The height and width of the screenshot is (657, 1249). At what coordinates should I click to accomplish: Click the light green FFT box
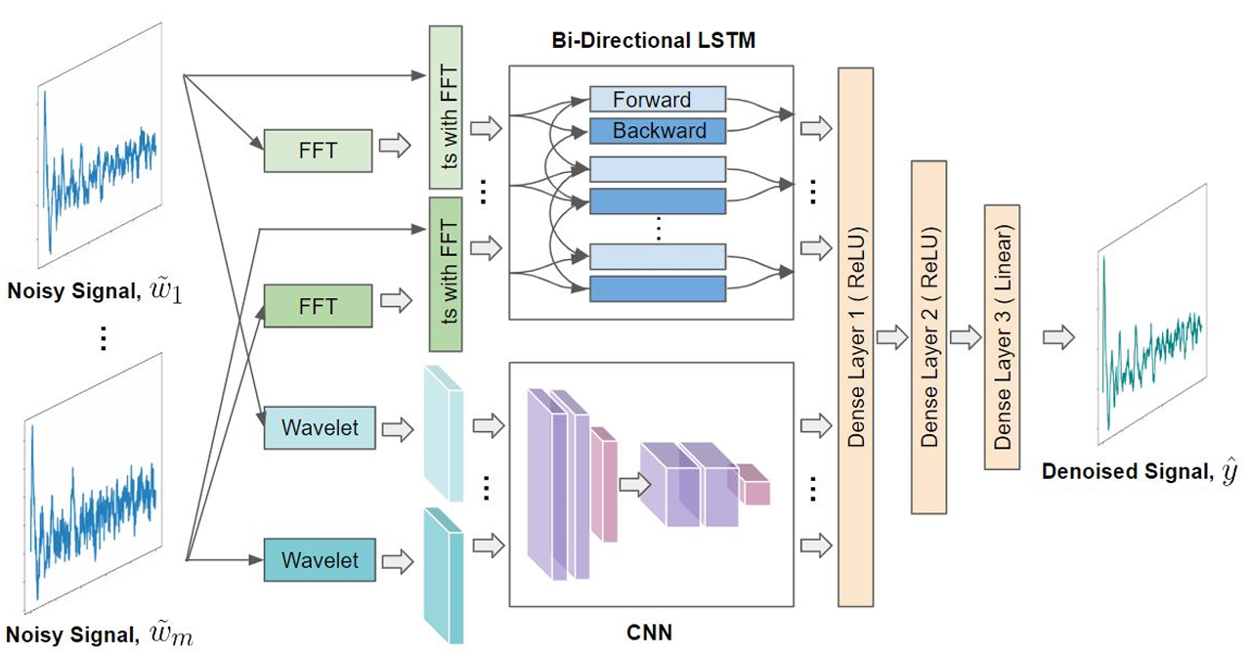(318, 151)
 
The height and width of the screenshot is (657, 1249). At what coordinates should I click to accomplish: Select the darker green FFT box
(318, 305)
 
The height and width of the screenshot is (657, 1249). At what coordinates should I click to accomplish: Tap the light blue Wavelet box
(320, 427)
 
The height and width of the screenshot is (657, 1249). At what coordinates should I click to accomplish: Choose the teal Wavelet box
(320, 561)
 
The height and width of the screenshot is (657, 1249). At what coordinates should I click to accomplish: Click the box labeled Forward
(658, 99)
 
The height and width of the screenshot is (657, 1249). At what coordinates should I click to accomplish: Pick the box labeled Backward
(658, 130)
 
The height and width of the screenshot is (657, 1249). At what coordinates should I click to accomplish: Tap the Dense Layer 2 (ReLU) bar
(929, 337)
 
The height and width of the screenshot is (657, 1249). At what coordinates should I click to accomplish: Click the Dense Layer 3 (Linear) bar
(1003, 337)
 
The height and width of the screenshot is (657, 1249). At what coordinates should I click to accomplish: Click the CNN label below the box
(650, 633)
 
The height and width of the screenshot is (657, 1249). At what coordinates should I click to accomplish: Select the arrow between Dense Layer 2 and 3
(966, 338)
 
